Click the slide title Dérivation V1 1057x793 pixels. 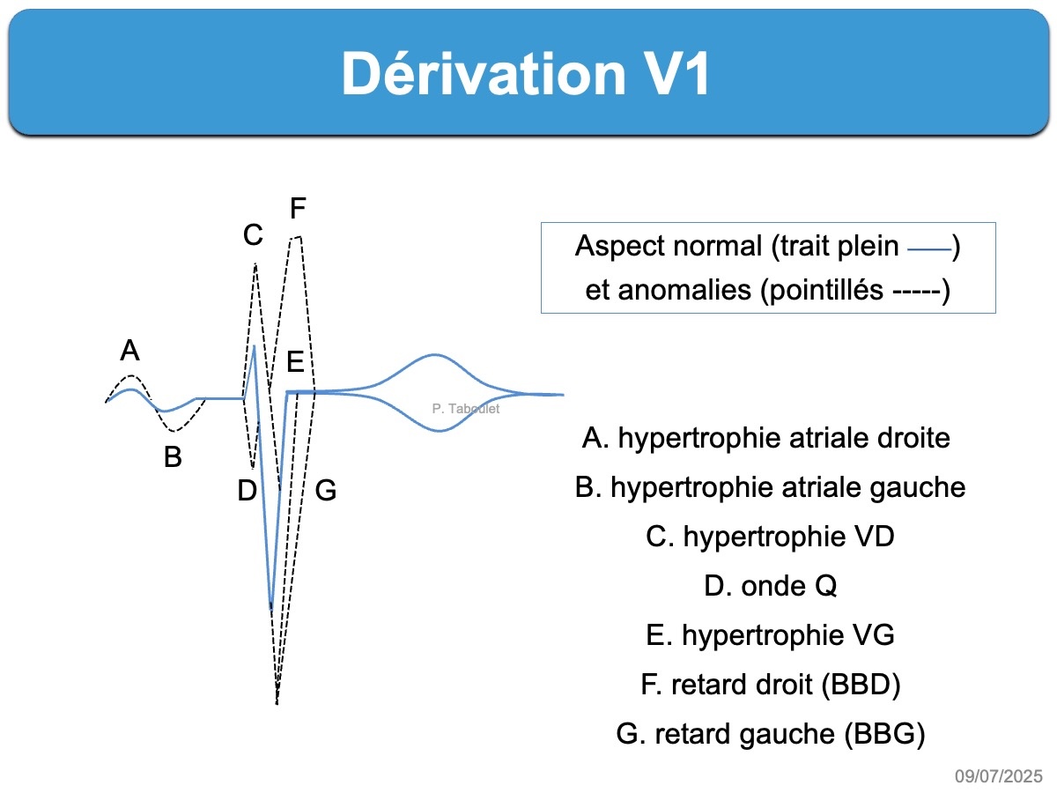pyautogui.click(x=526, y=74)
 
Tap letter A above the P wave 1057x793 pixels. pyautogui.click(x=129, y=352)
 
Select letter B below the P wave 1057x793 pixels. pyautogui.click(x=173, y=458)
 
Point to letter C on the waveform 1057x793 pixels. pyautogui.click(x=253, y=235)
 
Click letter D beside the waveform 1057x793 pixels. pyautogui.click(x=247, y=491)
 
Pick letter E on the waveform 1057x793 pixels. pyautogui.click(x=295, y=361)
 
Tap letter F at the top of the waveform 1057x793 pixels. pyautogui.click(x=298, y=209)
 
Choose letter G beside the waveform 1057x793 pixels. pyautogui.click(x=326, y=491)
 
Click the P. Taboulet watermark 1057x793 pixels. pyautogui.click(x=467, y=409)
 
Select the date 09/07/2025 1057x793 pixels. pyautogui.click(x=999, y=776)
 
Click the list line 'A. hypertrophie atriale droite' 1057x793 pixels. pyautogui.click(x=766, y=438)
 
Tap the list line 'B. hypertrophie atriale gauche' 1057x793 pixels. pyautogui.click(x=770, y=487)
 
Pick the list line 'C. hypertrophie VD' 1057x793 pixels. pyautogui.click(x=770, y=537)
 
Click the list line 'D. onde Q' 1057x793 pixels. pyautogui.click(x=770, y=586)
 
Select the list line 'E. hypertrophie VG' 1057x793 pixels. pyautogui.click(x=770, y=635)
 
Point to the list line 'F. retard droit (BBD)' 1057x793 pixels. pyautogui.click(x=770, y=685)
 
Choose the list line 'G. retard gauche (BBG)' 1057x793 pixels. pyautogui.click(x=770, y=734)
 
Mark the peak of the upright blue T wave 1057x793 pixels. pyautogui.click(x=434, y=355)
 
